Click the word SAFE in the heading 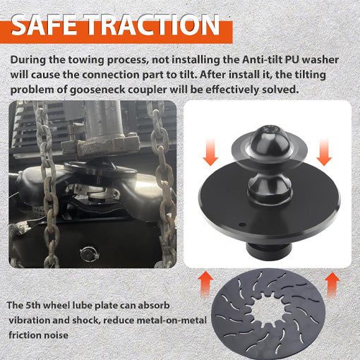pos(44,25)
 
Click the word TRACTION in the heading pos(153,25)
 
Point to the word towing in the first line pos(86,60)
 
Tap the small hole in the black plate pos(241,225)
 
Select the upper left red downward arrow pos(210,152)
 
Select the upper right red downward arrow pos(324,152)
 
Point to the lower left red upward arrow pos(205,284)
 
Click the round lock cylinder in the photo pos(88,254)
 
